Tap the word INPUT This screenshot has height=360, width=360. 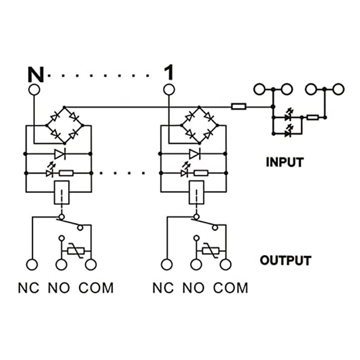click(284, 162)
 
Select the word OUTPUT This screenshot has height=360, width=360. click(285, 261)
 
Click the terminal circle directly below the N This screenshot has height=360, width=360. click(34, 90)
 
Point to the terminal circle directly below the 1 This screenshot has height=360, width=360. click(169, 90)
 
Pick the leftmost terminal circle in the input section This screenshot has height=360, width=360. click(260, 89)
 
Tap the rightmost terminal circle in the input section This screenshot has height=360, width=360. click(337, 89)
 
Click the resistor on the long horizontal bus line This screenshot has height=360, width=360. click(238, 107)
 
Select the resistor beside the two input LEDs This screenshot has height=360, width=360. click(312, 117)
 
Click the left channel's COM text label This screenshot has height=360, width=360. click(96, 288)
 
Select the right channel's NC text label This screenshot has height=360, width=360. click(163, 288)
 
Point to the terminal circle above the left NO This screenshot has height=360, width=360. click(61, 265)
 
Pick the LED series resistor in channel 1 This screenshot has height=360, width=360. click(200, 173)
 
